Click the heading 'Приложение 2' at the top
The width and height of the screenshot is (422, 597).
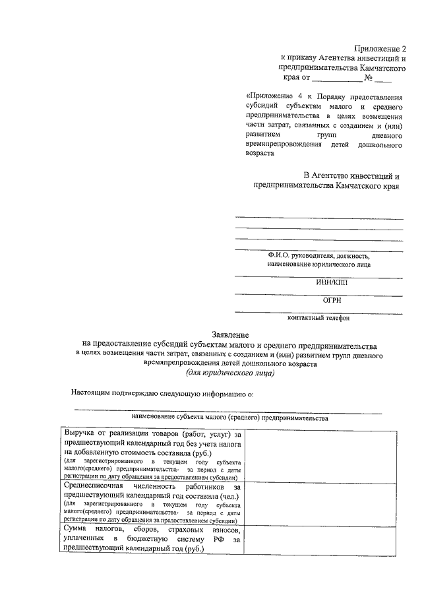[x=380, y=48]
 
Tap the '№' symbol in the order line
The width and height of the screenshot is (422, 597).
[x=378, y=79]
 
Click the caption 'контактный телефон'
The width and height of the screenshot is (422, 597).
[x=318, y=318]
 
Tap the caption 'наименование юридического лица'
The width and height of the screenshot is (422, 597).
[x=318, y=265]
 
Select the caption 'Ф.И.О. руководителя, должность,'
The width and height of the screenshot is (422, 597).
[x=318, y=255]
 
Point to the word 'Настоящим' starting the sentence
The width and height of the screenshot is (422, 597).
[x=92, y=394]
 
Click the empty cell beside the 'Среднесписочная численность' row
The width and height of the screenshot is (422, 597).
[x=321, y=501]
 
